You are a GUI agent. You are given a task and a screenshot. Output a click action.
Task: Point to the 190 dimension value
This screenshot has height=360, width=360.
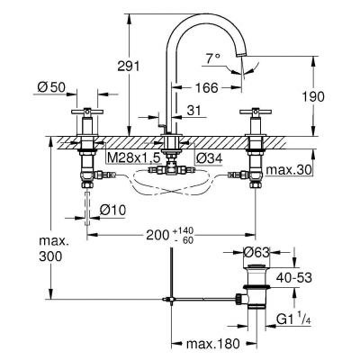(x=337, y=94)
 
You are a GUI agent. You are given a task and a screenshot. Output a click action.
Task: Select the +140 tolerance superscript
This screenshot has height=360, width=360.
(x=189, y=229)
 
